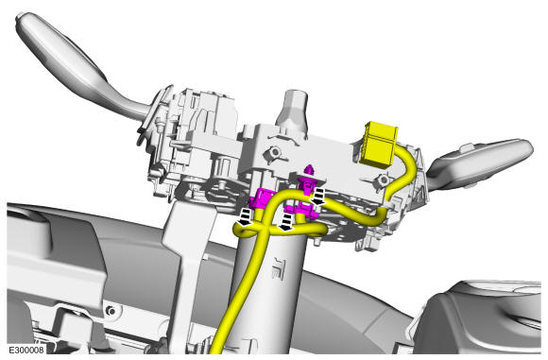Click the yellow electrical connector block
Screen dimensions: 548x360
(x=380, y=143)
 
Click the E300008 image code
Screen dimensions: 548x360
(x=26, y=350)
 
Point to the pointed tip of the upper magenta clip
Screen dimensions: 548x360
(x=309, y=167)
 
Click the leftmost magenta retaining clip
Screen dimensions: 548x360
(x=262, y=198)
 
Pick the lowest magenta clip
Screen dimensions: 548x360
(x=301, y=211)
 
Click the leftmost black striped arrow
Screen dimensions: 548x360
(x=247, y=217)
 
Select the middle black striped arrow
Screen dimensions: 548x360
(x=286, y=222)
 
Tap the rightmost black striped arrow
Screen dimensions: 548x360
(x=318, y=197)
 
